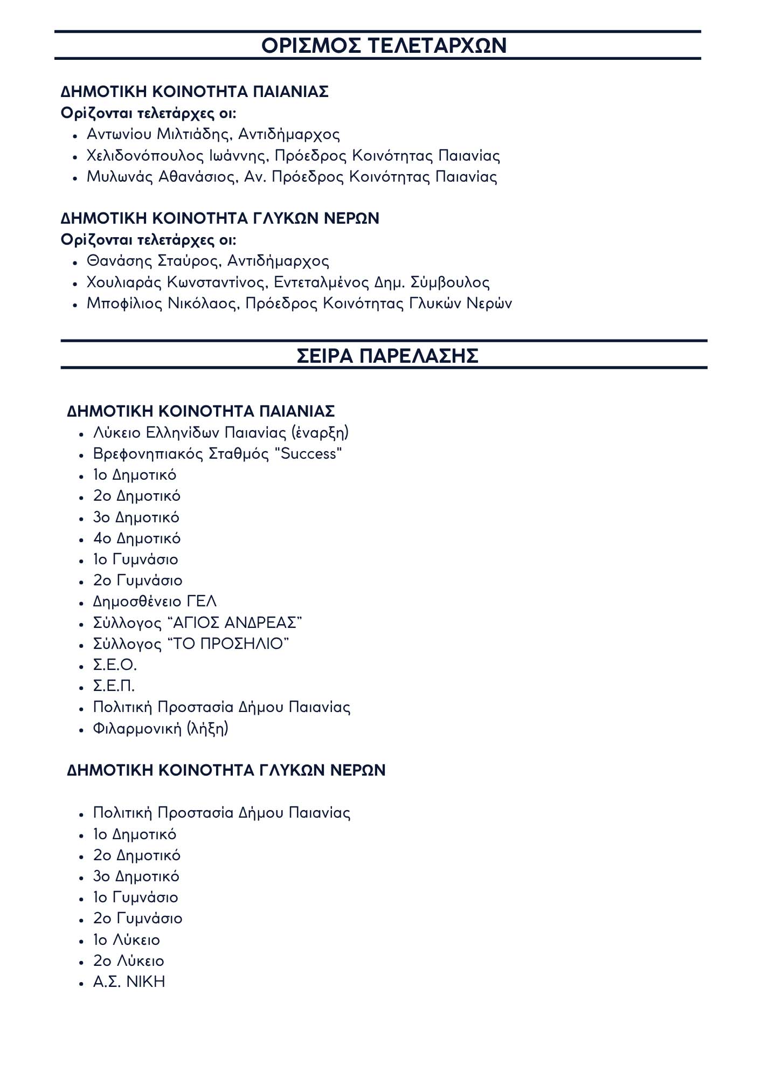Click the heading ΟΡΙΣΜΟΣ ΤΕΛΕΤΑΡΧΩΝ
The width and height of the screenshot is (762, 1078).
[x=384, y=45]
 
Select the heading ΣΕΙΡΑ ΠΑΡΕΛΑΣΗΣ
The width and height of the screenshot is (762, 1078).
[x=387, y=356]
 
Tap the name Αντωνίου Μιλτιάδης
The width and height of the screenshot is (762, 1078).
[x=159, y=134]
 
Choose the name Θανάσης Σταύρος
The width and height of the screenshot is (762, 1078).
[x=153, y=261]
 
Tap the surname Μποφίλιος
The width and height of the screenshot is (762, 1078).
[x=124, y=303]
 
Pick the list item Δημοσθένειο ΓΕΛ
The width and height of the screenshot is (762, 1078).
[x=155, y=602]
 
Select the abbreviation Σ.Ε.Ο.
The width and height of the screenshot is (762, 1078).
[x=115, y=665]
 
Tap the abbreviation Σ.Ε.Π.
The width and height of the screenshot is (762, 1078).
[x=114, y=686]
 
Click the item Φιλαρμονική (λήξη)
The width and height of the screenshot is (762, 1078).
[x=161, y=729]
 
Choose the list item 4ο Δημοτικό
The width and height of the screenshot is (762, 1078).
[x=136, y=538]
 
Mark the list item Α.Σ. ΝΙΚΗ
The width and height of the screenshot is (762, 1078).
[x=129, y=982]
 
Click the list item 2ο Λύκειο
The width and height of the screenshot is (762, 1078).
[x=128, y=961]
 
